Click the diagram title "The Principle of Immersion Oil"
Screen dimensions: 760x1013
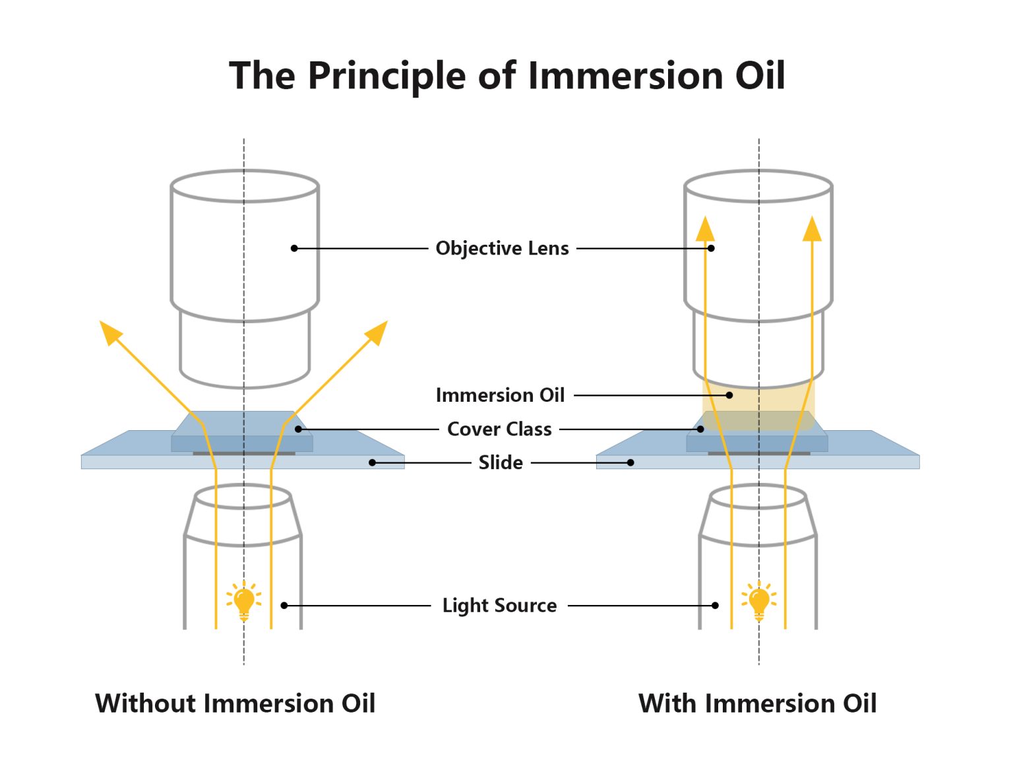click(x=506, y=75)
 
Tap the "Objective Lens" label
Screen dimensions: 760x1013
click(x=502, y=249)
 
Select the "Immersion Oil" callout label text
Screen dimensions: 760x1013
click(x=500, y=395)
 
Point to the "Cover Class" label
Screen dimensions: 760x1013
click(x=499, y=429)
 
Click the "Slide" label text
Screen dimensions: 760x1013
click(x=501, y=462)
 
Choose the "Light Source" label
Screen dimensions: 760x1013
click(x=499, y=606)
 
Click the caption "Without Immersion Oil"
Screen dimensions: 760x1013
click(x=235, y=703)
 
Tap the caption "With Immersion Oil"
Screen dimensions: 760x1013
click(x=757, y=703)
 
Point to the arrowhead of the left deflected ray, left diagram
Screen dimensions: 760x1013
click(x=109, y=331)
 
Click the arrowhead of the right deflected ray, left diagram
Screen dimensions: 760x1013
click(x=377, y=331)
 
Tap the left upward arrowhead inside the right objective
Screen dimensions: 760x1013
click(x=705, y=229)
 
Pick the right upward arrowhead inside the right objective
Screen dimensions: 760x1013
click(x=812, y=229)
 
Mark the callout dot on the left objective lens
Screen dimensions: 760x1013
click(x=294, y=248)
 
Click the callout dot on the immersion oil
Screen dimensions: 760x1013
click(x=729, y=395)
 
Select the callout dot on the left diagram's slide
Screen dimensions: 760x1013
click(x=372, y=462)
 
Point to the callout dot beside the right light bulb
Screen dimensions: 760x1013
click(x=716, y=606)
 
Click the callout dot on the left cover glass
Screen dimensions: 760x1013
click(x=298, y=429)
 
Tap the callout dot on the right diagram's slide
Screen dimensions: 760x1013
click(x=630, y=462)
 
